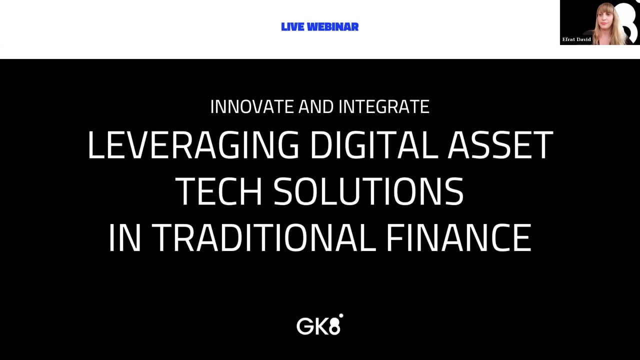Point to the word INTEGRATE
coord(383,107)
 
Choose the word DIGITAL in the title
coord(374,144)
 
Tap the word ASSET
coord(500,144)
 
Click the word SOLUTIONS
coord(368,191)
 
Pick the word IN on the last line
coord(125,237)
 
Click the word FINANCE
coord(458,237)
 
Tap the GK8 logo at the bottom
coord(319,324)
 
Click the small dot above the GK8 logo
coord(341,315)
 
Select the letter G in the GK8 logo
coord(304,326)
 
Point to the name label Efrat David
coord(576,39)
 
